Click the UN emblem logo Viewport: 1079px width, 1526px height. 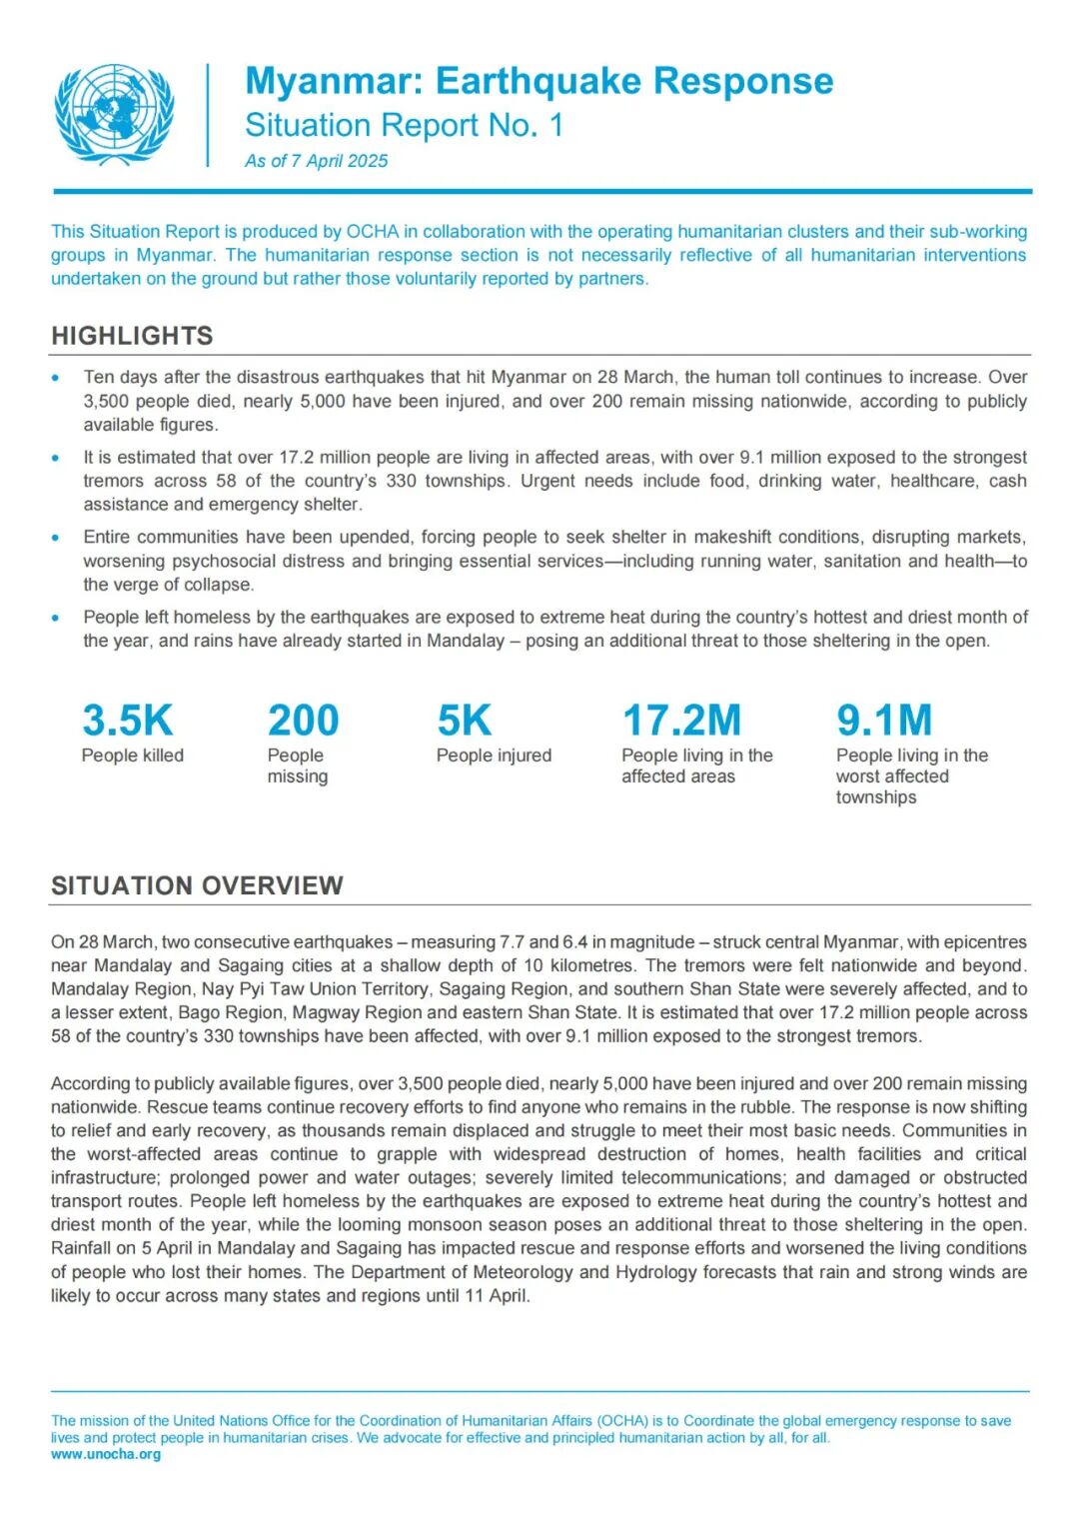click(113, 114)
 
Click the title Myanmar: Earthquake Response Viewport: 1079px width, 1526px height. click(539, 81)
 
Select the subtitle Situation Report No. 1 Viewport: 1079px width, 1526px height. click(404, 125)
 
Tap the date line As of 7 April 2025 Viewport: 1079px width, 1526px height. click(316, 161)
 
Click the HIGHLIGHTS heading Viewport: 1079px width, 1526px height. click(132, 336)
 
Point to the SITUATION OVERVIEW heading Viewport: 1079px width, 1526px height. click(197, 885)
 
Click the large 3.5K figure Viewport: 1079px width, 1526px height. click(127, 721)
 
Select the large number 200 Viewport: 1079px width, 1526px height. click(303, 721)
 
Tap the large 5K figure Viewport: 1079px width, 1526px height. click(464, 721)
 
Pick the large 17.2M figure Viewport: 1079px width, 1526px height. click(681, 721)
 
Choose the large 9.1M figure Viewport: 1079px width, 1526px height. click(883, 721)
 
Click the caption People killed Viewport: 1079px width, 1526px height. click(132, 756)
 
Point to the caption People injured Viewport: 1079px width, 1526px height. click(494, 756)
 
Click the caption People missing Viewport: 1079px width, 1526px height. click(297, 765)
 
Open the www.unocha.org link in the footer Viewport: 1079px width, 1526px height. click(106, 1454)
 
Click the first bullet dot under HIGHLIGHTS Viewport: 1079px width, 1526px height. click(56, 378)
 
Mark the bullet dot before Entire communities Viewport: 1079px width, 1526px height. click(56, 538)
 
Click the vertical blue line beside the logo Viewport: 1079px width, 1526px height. click(208, 115)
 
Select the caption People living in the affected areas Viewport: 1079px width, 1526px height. click(696, 765)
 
